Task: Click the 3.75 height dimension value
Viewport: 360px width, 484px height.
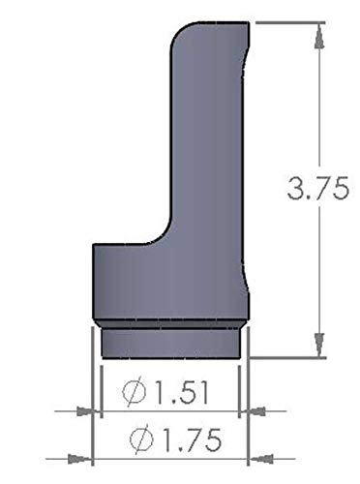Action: point(317,188)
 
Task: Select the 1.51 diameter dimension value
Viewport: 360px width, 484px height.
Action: point(181,392)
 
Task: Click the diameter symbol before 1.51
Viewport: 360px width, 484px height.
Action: point(135,392)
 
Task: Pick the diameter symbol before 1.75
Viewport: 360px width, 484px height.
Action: point(141,439)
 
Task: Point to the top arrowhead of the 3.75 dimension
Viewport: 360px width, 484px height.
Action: point(319,36)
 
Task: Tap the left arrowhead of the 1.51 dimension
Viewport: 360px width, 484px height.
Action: point(86,411)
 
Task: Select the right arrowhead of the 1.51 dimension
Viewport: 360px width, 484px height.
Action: point(255,411)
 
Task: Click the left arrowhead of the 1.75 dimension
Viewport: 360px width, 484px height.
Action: point(79,459)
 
